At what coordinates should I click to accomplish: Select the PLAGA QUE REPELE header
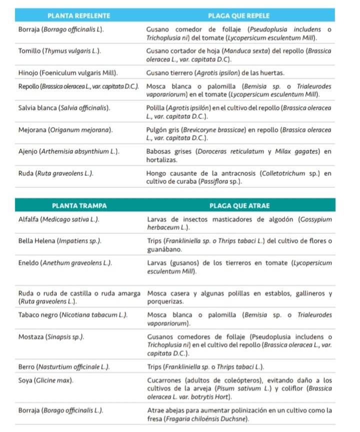click(238, 16)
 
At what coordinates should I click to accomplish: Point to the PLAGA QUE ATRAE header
click(238, 205)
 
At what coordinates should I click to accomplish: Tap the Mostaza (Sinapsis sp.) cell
click(51, 337)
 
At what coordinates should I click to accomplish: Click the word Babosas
click(160, 150)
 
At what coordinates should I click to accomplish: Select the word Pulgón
click(156, 130)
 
